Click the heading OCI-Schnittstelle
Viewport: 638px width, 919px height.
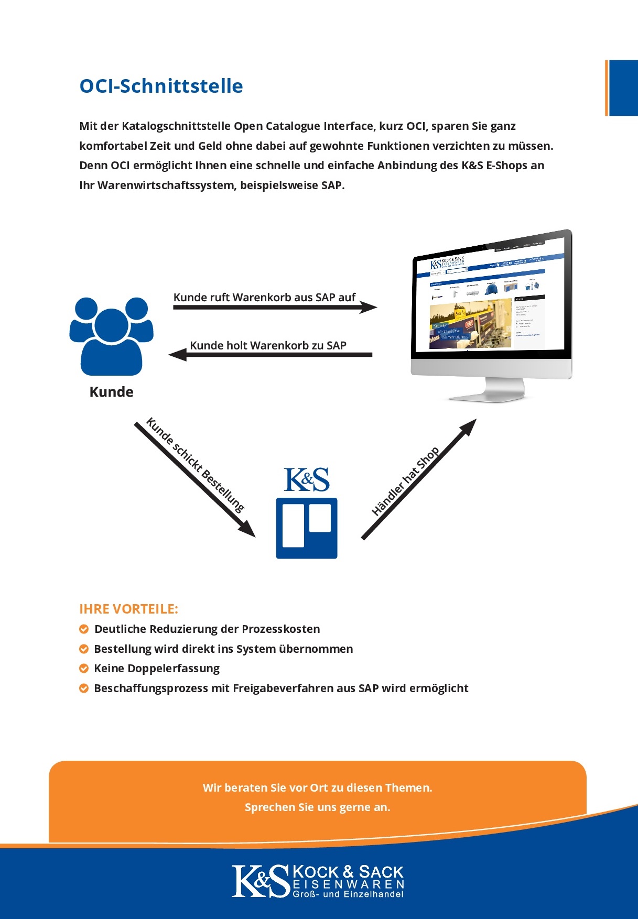pyautogui.click(x=161, y=86)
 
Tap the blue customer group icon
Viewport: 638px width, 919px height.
pyautogui.click(x=111, y=336)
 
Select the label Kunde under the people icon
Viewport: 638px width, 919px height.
pyautogui.click(x=111, y=392)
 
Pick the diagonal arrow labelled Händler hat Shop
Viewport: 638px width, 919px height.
pyautogui.click(x=419, y=479)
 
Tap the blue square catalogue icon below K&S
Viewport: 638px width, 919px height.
pyautogui.click(x=307, y=528)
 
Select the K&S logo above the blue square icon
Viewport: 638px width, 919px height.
pyautogui.click(x=307, y=479)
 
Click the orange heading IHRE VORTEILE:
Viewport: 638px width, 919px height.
pyautogui.click(x=128, y=609)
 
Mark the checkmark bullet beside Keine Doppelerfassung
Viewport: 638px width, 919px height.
pyautogui.click(x=84, y=669)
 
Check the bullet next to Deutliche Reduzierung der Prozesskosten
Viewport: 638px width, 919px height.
pyautogui.click(x=84, y=629)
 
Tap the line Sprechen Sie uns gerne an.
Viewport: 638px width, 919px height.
pyautogui.click(x=317, y=807)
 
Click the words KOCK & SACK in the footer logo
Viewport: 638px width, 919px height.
pyautogui.click(x=348, y=872)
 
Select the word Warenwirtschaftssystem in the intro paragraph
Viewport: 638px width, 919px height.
pyautogui.click(x=166, y=185)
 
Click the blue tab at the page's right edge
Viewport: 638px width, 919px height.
pyautogui.click(x=623, y=88)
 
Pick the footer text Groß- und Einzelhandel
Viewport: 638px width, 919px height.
pyautogui.click(x=348, y=894)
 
